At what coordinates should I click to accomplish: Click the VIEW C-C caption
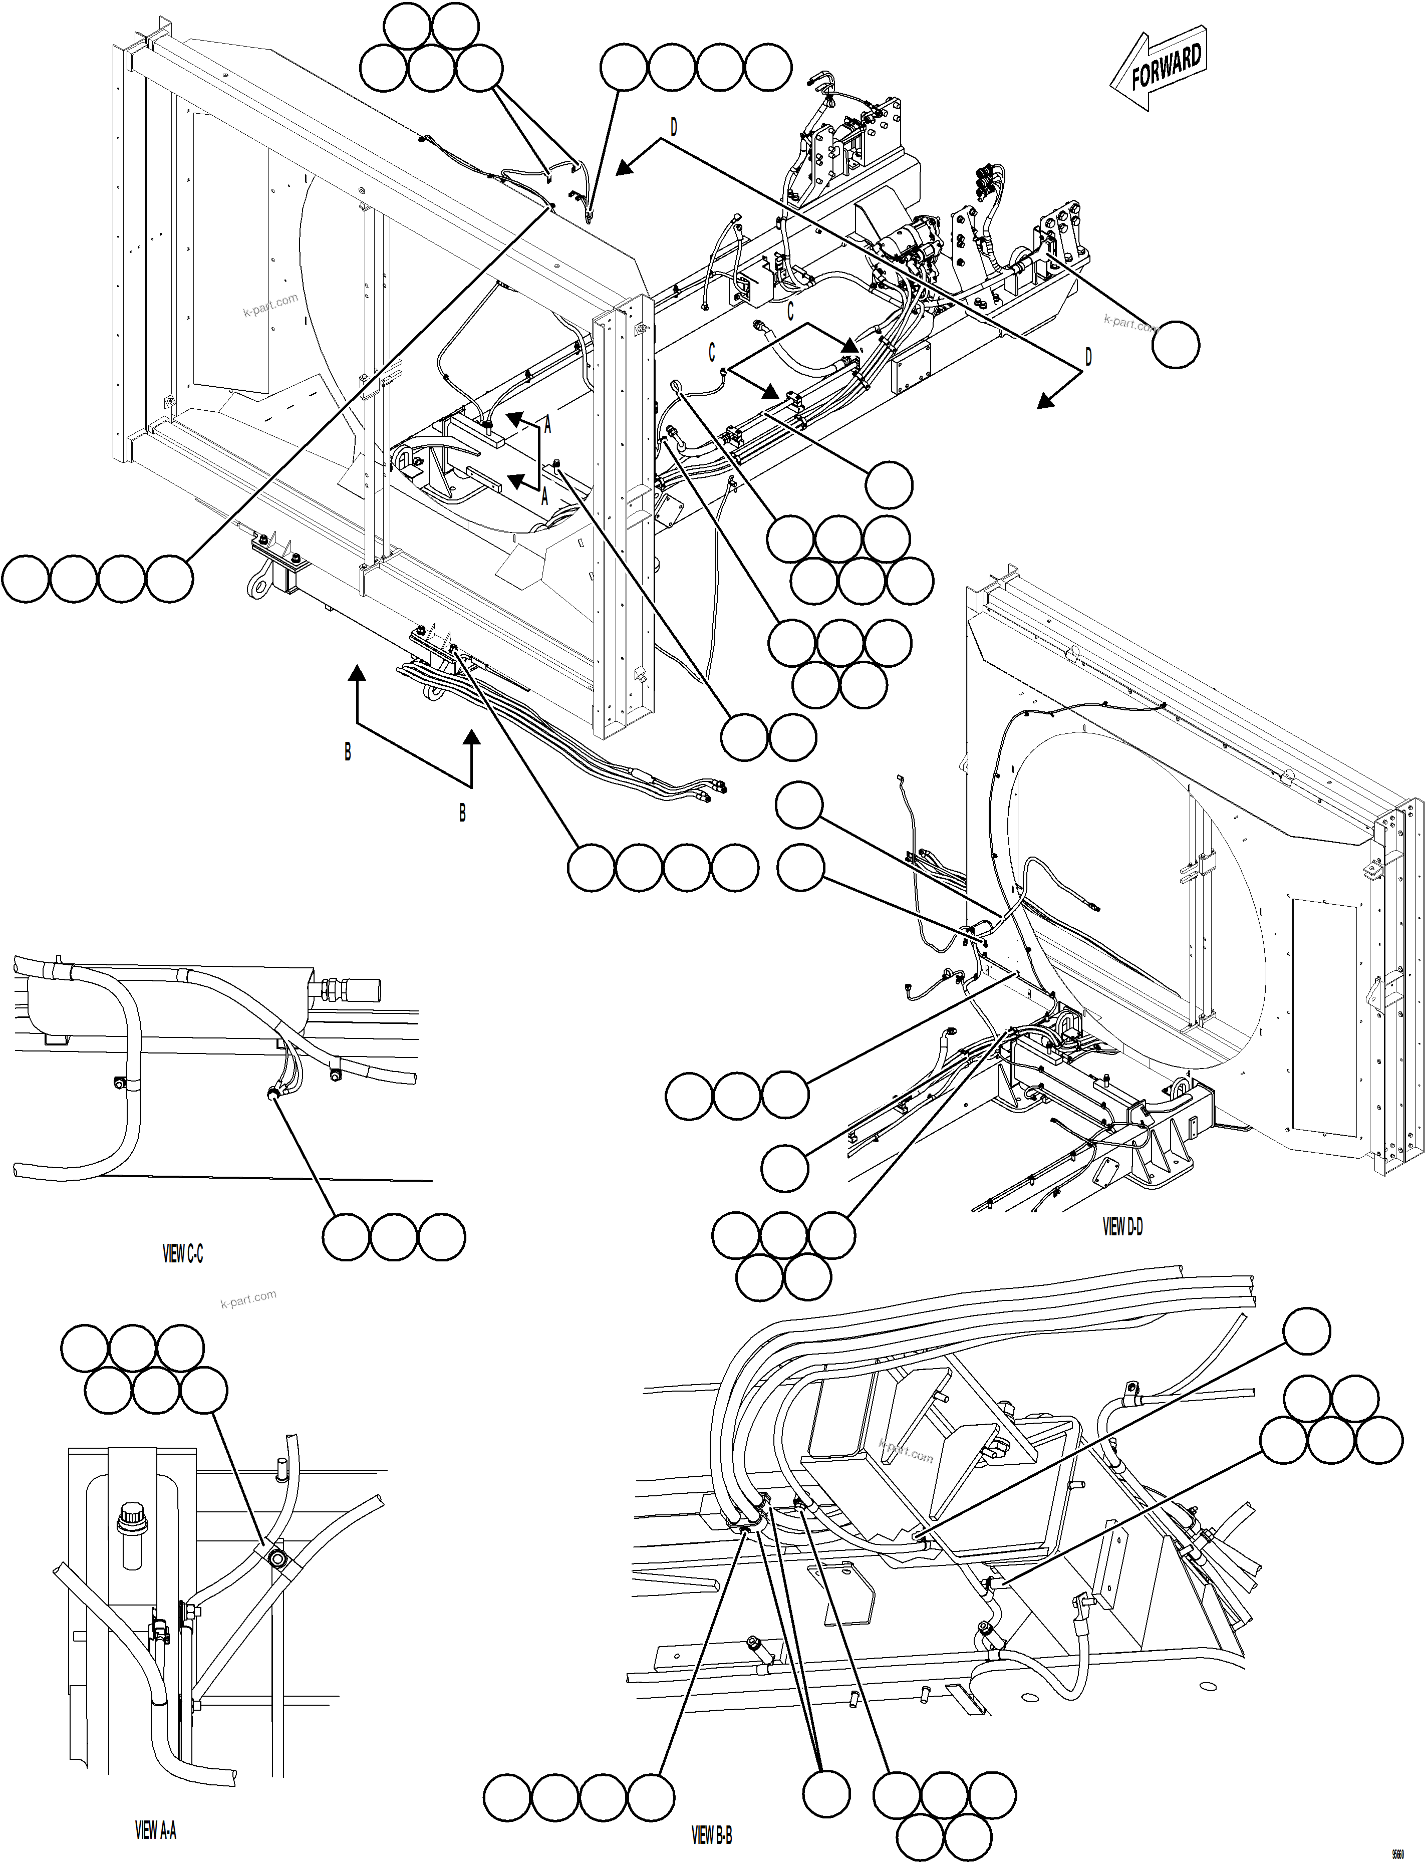tap(182, 1254)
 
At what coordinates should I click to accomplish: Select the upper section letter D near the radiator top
tap(674, 127)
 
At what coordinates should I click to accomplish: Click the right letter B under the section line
tap(462, 813)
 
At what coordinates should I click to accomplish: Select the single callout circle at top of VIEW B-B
tap(1305, 1330)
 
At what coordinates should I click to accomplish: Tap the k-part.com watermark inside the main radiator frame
tap(270, 305)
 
